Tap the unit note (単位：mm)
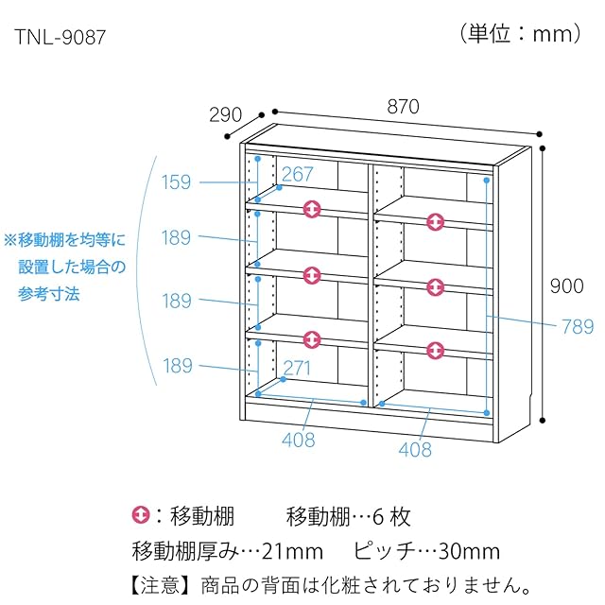coord(522,34)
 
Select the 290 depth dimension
coord(225,116)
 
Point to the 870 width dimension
coord(403,107)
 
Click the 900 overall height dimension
coord(568,285)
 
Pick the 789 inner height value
coord(576,327)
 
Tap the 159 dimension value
coord(176,182)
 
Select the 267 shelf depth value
coord(297,175)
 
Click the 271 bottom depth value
coord(296,368)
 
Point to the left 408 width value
coord(299,440)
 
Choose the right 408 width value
coord(414,450)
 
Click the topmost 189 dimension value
coord(176,237)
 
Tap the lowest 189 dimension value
coord(176,365)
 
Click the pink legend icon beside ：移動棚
coord(141,516)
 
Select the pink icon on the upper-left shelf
coord(313,209)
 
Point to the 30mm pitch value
coord(467,551)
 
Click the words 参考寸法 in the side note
coord(48,294)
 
